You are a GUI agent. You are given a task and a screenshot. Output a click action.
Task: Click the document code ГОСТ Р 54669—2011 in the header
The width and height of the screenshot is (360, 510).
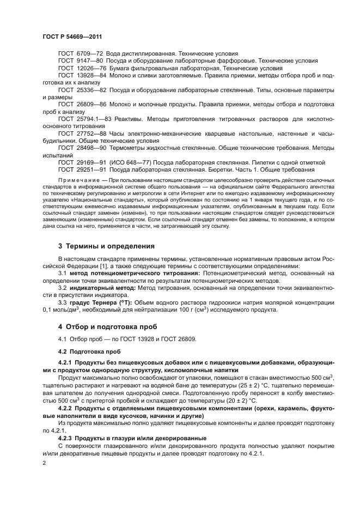pos(73,36)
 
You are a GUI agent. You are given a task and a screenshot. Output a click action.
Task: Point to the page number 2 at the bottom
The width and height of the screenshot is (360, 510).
pos(44,462)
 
